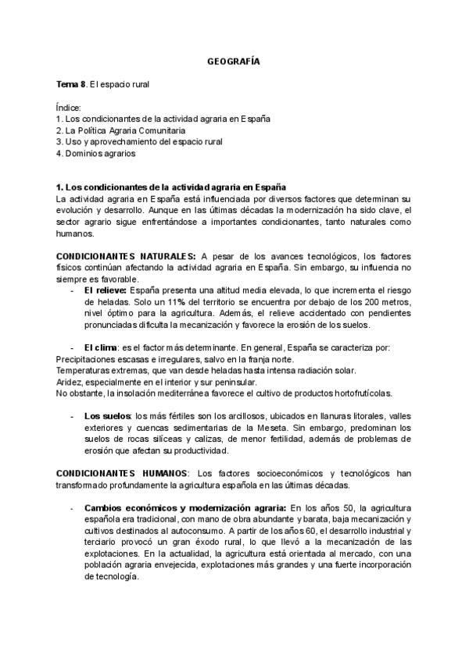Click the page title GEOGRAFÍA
tap(234, 60)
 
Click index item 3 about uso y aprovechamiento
tap(139, 142)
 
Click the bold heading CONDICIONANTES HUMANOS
tap(122, 474)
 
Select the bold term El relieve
tap(106, 290)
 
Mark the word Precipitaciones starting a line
tap(87, 358)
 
